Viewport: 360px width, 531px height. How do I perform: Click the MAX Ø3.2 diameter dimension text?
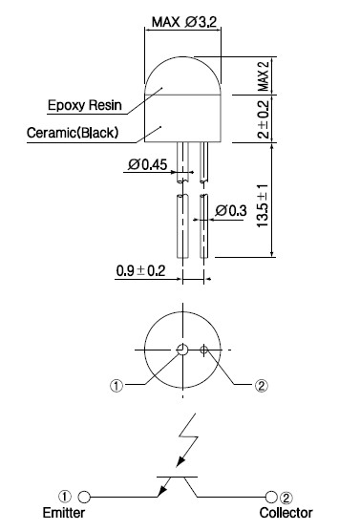[x=184, y=22]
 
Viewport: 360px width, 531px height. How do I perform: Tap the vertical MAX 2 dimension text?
[x=264, y=75]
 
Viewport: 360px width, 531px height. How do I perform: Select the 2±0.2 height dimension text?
[x=264, y=119]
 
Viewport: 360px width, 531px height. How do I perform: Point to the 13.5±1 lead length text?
[x=263, y=205]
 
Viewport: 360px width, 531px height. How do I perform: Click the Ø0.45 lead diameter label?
[x=147, y=164]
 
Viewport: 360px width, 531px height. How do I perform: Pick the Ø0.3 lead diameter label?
[x=231, y=211]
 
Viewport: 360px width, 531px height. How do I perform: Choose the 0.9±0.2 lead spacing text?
[x=140, y=270]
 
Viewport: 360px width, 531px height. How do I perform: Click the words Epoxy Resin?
[x=85, y=105]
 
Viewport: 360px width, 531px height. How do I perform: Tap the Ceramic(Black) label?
[x=73, y=133]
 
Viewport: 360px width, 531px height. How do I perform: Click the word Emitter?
[x=64, y=512]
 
